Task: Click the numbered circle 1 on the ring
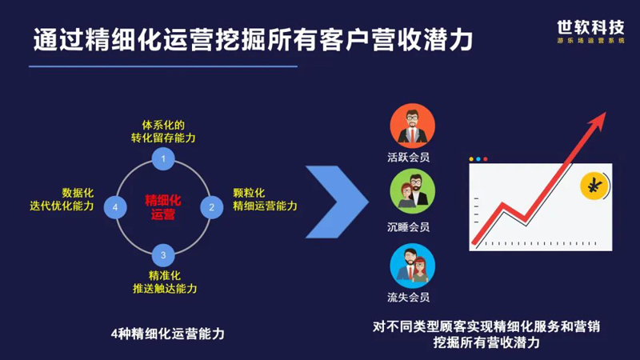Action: (163, 158)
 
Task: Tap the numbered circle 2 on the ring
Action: (211, 207)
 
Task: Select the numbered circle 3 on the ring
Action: (163, 255)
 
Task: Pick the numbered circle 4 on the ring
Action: (115, 207)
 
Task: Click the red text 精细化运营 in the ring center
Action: (163, 207)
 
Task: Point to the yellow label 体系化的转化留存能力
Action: (163, 131)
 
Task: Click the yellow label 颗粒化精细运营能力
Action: (265, 199)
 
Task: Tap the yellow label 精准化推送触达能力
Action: (165, 282)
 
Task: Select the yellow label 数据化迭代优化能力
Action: (62, 199)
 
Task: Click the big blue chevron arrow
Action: (337, 202)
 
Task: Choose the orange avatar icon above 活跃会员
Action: (412, 126)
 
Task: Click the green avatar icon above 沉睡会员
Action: (412, 191)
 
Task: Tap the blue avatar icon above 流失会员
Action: (412, 266)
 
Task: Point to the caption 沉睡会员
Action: (409, 227)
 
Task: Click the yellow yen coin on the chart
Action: (594, 186)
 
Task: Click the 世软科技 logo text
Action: (590, 28)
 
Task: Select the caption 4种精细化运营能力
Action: (168, 334)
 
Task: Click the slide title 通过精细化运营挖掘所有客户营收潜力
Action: (253, 39)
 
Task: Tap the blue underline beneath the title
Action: (163, 66)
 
